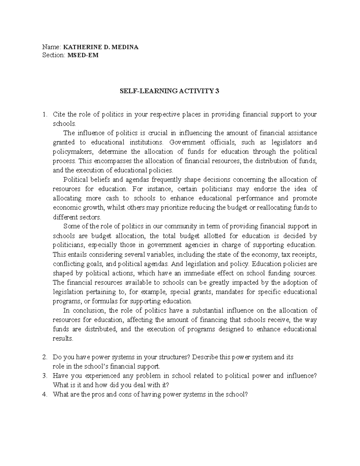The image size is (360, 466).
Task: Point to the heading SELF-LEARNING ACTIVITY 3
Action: tap(169, 92)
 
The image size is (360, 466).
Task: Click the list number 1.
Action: tap(45, 114)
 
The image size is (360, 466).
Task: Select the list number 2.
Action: tap(45, 357)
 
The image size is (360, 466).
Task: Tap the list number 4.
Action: tap(45, 395)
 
